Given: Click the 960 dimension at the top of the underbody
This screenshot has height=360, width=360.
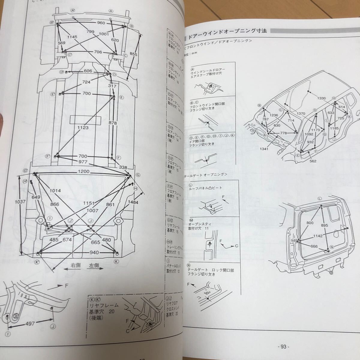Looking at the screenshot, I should pos(93,23).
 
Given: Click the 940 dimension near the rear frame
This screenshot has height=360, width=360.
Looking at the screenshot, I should pos(77,252).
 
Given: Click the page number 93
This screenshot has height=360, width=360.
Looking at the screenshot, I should pos(283,346).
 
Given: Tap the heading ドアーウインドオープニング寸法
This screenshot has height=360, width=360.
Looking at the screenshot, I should pos(228,31).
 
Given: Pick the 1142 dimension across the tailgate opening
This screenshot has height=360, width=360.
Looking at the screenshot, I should pos(317,236).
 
